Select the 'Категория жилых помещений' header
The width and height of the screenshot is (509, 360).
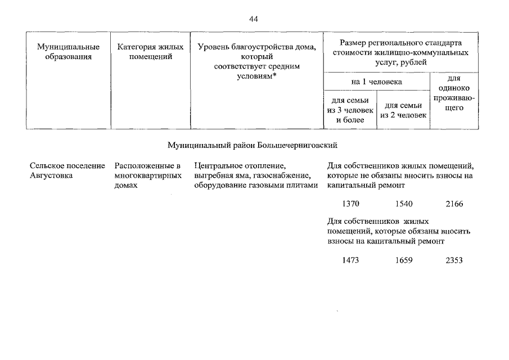coord(150,51)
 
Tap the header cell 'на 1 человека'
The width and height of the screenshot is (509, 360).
coord(376,82)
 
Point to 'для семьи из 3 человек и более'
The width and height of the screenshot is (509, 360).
coord(350,110)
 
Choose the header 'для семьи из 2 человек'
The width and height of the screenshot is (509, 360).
coord(403,110)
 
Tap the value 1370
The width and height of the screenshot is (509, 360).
coord(350,204)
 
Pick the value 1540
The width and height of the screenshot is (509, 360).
coord(404,204)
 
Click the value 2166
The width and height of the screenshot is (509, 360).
coord(454,204)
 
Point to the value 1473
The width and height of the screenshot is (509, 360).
coord(350,260)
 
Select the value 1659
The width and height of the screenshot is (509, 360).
coord(404,260)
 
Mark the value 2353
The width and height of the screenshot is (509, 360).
coord(454,260)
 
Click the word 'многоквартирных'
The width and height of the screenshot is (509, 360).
coord(148,175)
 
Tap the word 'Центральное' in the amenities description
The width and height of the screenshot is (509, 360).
coord(217,165)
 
